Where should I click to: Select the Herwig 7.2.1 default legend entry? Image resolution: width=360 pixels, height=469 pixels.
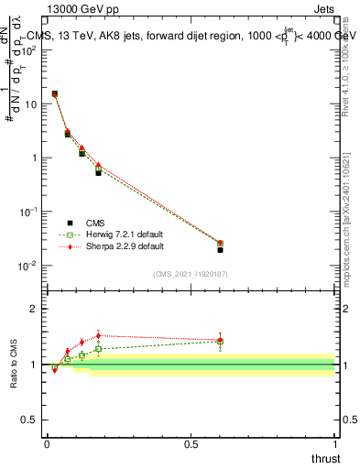(112, 234)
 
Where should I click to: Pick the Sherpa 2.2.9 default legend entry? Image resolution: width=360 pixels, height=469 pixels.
(112, 246)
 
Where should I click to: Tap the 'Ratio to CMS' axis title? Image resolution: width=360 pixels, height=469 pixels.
(14, 364)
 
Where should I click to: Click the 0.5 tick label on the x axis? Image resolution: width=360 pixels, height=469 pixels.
(191, 444)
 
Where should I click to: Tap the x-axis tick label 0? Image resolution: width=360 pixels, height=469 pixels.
(47, 444)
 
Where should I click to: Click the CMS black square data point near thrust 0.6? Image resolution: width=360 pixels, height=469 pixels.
(220, 249)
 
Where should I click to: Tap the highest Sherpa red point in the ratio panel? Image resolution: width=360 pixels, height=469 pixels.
(98, 335)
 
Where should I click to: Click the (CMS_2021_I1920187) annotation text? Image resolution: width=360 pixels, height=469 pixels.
(190, 274)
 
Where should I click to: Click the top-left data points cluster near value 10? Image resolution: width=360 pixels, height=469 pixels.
(55, 93)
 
